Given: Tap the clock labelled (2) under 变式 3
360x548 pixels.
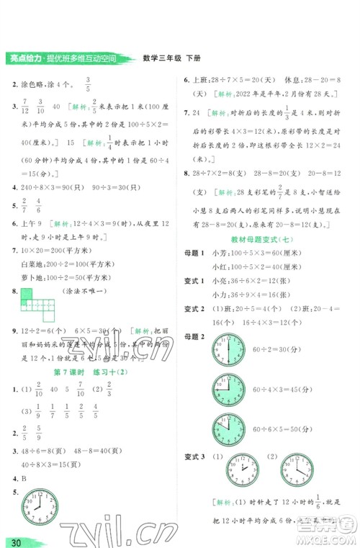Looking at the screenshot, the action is coord(297,471).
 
